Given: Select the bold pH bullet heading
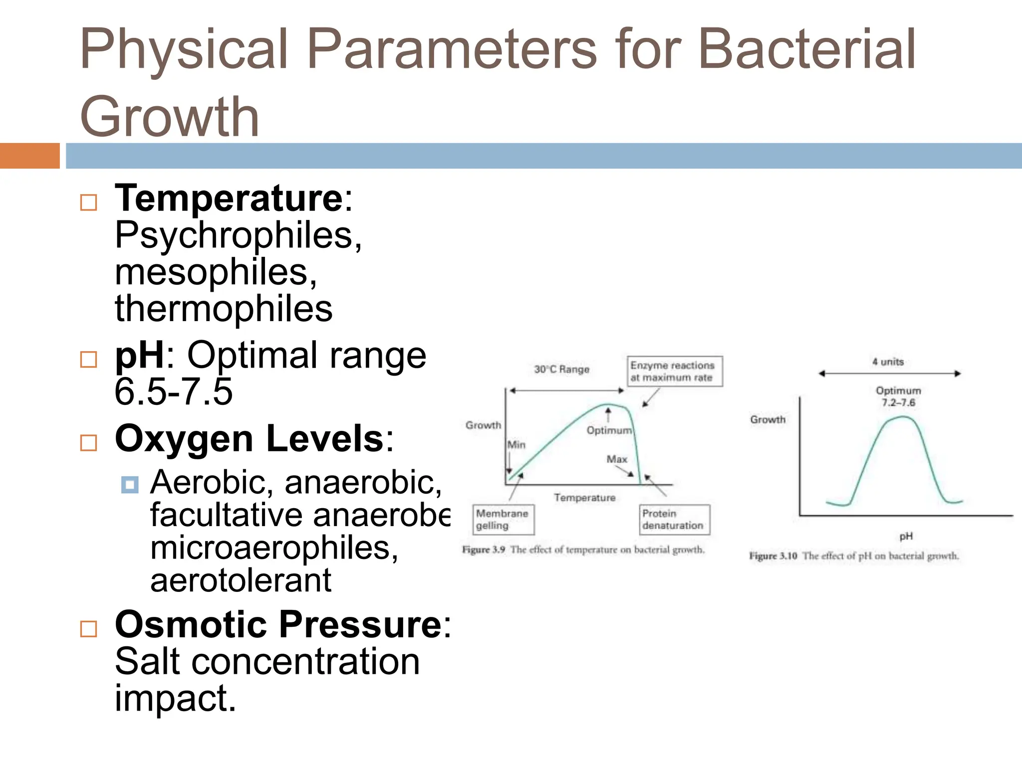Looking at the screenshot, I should click(x=139, y=355).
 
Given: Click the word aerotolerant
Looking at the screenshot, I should click(x=241, y=580).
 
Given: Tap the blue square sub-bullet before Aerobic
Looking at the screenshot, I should click(x=130, y=484).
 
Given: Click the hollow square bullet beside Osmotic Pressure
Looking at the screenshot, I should click(x=89, y=629).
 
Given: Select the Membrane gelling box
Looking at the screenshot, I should click(x=503, y=519).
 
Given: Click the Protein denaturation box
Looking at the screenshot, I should click(x=674, y=519).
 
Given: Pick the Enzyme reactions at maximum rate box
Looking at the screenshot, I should click(x=674, y=371).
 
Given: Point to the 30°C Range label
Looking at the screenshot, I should click(x=561, y=370).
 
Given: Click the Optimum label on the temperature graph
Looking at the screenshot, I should click(x=609, y=430).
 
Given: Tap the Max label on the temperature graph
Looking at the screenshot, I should click(x=617, y=459).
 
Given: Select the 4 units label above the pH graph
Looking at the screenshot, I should click(x=888, y=362).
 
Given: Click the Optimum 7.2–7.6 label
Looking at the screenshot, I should click(x=898, y=396).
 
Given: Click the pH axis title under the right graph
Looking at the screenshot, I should click(x=906, y=536).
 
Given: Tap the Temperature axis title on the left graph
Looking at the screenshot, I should click(x=584, y=498).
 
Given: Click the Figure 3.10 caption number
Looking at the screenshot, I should click(x=773, y=556).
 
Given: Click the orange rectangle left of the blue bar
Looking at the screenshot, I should click(x=29, y=156).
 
